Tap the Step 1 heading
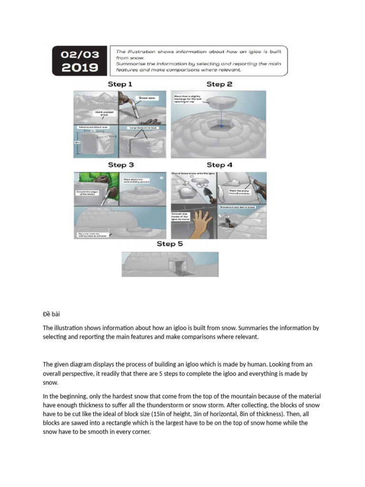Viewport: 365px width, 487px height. [120, 84]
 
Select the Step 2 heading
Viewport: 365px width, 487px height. [219, 84]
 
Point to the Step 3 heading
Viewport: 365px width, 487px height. [120, 165]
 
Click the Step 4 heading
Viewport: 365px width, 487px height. [219, 165]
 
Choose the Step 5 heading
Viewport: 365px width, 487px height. [170, 244]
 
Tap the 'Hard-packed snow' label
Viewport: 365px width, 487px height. [104, 113]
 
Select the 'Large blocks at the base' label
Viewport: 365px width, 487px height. [144, 128]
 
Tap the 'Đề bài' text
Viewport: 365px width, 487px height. [52, 314]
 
